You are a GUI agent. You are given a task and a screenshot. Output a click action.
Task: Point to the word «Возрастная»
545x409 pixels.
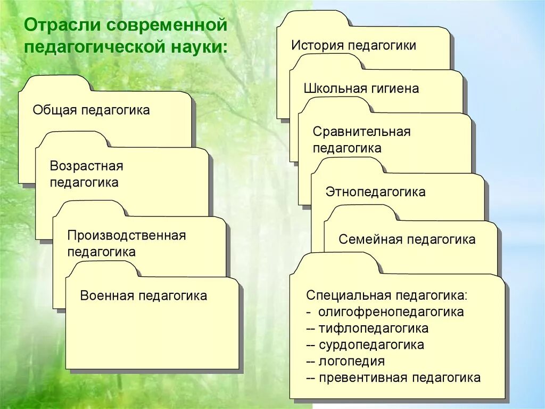pos(86,166)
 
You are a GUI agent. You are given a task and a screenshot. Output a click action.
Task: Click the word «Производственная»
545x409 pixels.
pos(127,235)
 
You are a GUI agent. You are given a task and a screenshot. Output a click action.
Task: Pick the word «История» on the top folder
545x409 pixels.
pos(317,45)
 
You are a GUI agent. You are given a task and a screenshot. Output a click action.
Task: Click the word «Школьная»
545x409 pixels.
pos(333,89)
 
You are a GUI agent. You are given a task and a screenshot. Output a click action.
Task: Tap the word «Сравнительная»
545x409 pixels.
pos(361,132)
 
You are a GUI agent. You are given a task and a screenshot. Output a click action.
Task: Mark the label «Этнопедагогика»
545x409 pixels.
pos(375,192)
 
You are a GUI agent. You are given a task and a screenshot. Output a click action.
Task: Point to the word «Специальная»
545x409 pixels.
pos(346,295)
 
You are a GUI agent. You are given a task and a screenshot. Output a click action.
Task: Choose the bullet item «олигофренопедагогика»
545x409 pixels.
pos(391,312)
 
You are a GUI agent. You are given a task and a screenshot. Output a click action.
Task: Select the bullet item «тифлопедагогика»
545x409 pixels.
pos(374,328)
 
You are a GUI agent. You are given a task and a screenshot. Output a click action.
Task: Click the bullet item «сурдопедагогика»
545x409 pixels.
pos(371,345)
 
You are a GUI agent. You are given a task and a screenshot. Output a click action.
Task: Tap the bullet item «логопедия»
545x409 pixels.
pos(352,362)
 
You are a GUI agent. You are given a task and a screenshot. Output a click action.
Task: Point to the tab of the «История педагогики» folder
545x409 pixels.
pos(314,19)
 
